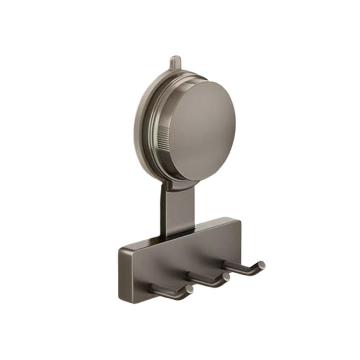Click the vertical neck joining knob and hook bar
[x=176, y=209]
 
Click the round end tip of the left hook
[x=189, y=289]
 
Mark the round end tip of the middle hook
[x=226, y=277]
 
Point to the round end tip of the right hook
[x=261, y=265]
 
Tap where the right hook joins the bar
[x=225, y=265]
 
